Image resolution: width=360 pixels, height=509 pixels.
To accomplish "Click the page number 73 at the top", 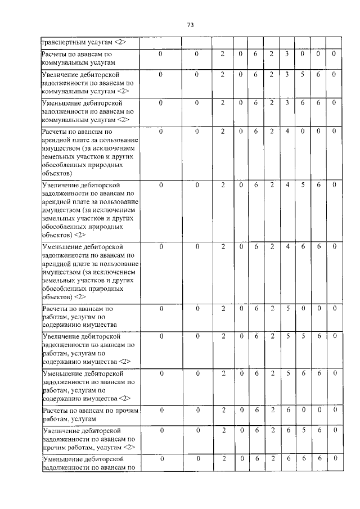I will [190, 25].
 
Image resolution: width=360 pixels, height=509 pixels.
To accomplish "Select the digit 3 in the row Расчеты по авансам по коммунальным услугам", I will [287, 54].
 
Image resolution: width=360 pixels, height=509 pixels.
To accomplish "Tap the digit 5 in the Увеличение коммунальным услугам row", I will [302, 74].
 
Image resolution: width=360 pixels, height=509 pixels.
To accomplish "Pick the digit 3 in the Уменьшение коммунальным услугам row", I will [287, 102].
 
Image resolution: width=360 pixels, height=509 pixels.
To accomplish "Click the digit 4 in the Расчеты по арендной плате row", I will [287, 132].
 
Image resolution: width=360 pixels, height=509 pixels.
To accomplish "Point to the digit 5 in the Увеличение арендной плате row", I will [302, 183].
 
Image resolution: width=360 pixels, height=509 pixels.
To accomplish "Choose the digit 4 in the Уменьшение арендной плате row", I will [287, 246].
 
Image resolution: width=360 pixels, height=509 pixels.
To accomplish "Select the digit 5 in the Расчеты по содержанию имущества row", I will [287, 308].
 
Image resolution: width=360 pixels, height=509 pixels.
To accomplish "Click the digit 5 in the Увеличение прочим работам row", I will [302, 430].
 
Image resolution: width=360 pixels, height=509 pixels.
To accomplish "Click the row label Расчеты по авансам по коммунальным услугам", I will [78, 58].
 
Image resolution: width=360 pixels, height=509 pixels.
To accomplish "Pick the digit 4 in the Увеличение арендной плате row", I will [287, 183].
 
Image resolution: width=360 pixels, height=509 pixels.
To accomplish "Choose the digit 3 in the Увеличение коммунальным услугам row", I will [287, 74].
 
